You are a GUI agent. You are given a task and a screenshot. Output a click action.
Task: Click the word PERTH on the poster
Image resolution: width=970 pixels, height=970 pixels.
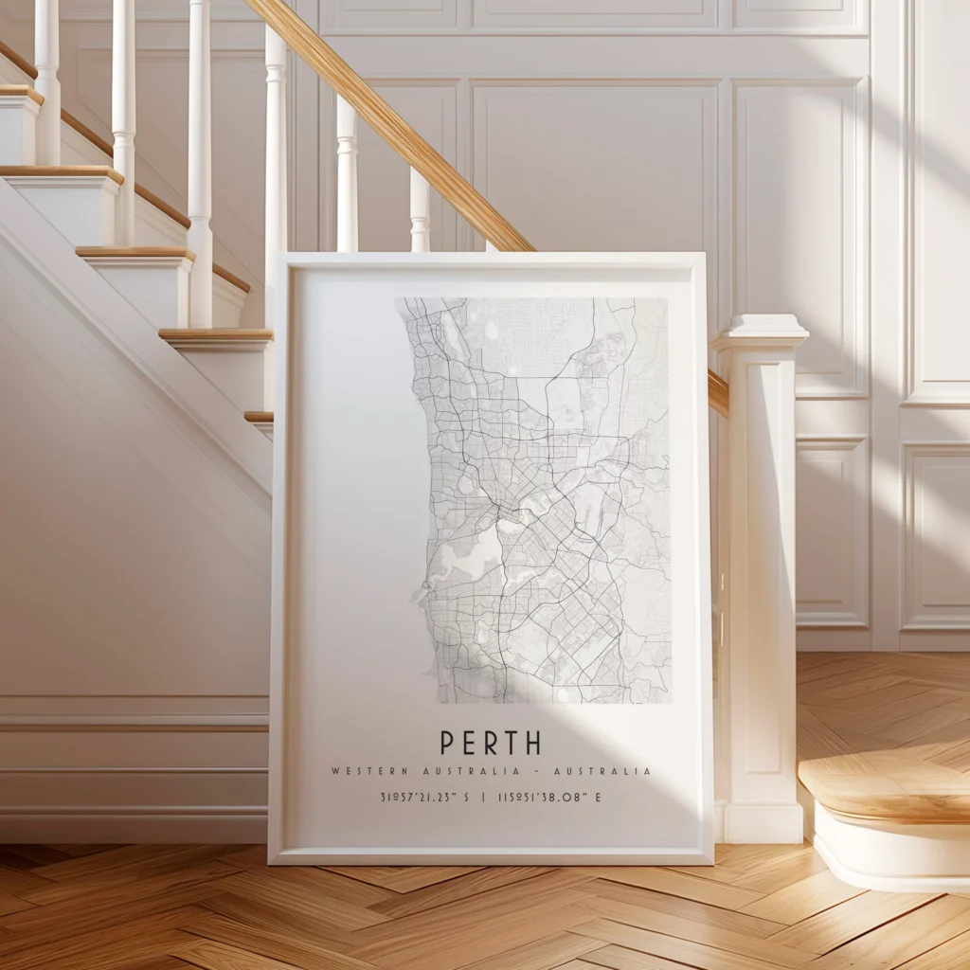[x=490, y=743]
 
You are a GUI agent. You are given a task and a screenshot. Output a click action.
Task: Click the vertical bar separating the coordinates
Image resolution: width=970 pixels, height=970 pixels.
[x=483, y=798]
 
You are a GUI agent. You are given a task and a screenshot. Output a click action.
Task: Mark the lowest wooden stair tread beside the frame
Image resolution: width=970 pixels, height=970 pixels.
[x=258, y=417]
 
